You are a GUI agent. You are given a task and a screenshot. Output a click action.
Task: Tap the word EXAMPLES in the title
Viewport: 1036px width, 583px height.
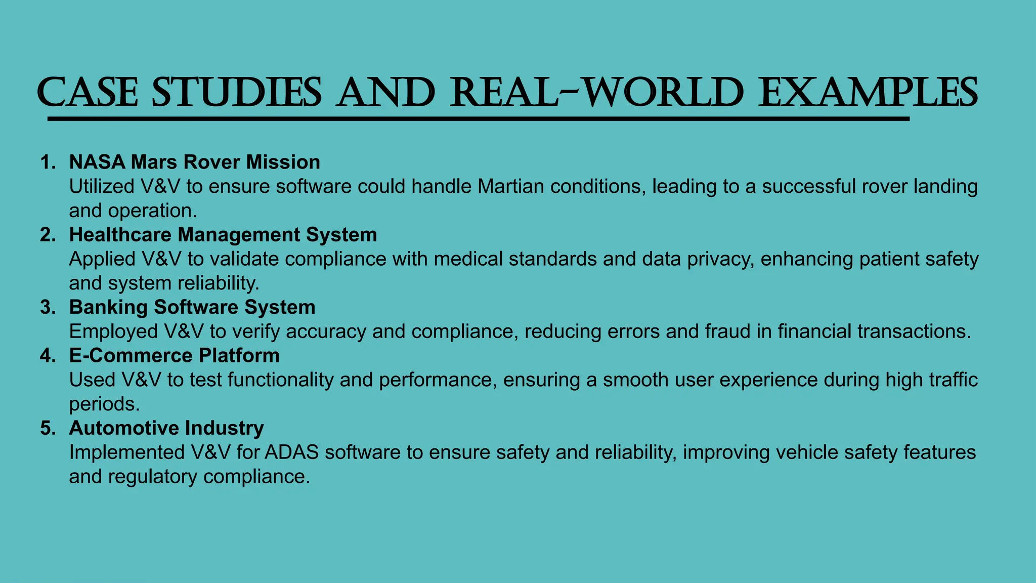[x=868, y=93]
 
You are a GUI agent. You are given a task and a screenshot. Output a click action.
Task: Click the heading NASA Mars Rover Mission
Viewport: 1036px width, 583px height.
[x=195, y=162]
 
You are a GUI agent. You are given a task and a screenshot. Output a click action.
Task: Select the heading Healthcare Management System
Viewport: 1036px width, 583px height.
[x=223, y=235]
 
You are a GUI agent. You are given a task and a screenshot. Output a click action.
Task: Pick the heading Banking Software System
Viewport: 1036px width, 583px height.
[x=192, y=307]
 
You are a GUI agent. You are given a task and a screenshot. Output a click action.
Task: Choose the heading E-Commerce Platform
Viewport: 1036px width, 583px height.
[x=175, y=355]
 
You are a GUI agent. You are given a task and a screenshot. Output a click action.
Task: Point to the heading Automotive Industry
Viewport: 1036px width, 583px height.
[x=166, y=428]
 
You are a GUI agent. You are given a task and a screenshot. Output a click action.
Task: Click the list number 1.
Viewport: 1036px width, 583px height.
[x=48, y=162]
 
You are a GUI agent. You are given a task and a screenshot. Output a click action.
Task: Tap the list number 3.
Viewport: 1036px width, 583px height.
[x=48, y=308]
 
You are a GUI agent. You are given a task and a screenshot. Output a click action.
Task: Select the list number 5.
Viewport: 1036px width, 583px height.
[x=48, y=429]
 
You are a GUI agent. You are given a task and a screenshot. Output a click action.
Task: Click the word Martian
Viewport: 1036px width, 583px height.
[x=510, y=187]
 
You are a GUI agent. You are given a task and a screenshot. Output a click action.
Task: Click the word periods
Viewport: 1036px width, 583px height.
[x=104, y=404]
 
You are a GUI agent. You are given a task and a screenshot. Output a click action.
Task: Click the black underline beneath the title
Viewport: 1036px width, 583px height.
[x=478, y=119]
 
